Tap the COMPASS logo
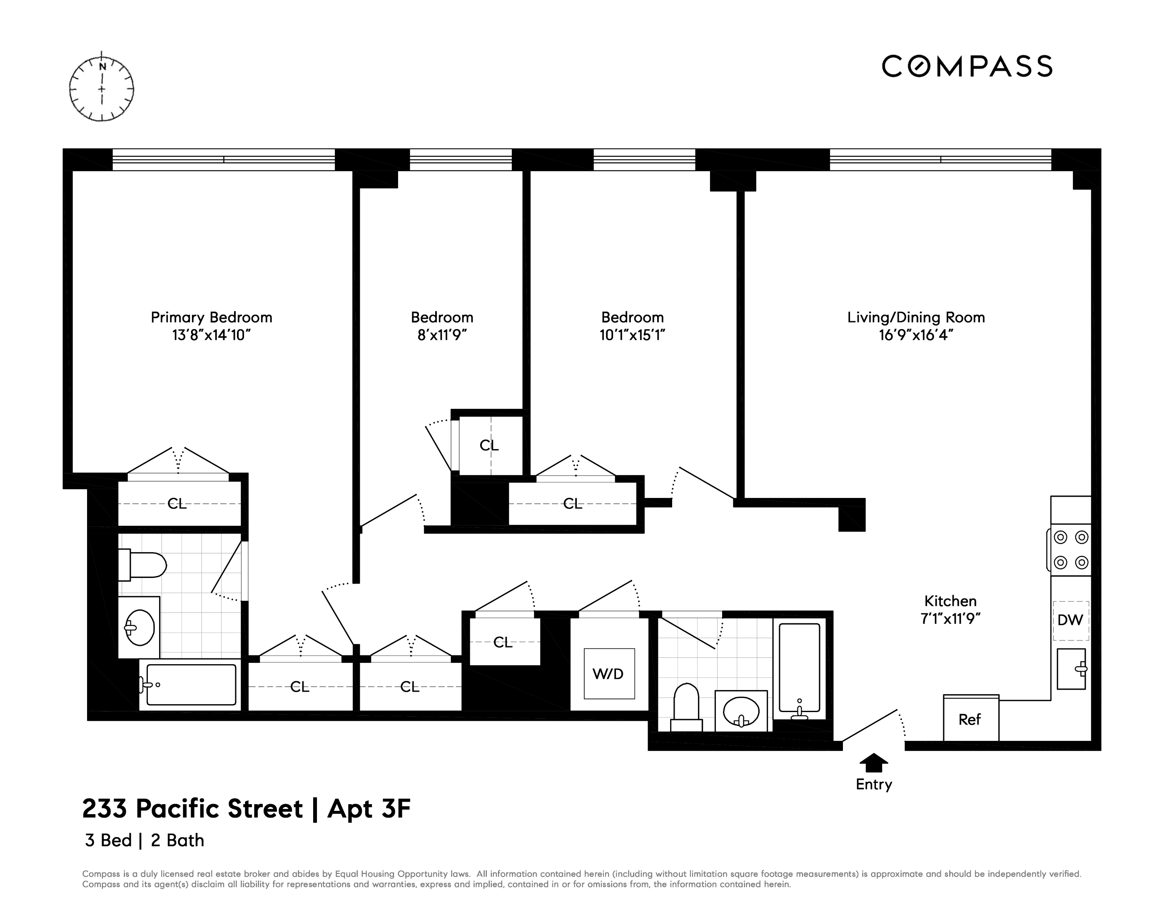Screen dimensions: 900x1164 pyautogui.click(x=967, y=67)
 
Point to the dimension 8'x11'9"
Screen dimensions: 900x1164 pyautogui.click(x=442, y=335)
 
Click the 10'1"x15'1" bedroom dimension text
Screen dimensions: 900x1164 pyautogui.click(x=632, y=335)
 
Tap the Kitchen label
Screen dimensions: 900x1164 pyautogui.click(x=950, y=601)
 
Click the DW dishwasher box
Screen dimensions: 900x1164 pyautogui.click(x=1070, y=620)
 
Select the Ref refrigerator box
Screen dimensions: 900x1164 pyautogui.click(x=970, y=719)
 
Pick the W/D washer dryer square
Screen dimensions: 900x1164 pyautogui.click(x=608, y=674)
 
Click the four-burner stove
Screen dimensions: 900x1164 pyautogui.click(x=1071, y=550)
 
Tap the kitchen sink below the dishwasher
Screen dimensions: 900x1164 pyautogui.click(x=1071, y=669)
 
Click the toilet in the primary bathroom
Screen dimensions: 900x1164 pyautogui.click(x=143, y=565)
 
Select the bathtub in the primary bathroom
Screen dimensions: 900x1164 pyautogui.click(x=191, y=685)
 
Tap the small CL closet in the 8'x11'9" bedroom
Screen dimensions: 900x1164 pyautogui.click(x=489, y=445)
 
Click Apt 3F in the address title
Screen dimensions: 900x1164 pyautogui.click(x=369, y=809)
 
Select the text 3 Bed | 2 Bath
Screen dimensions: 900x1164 pyautogui.click(x=145, y=840)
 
